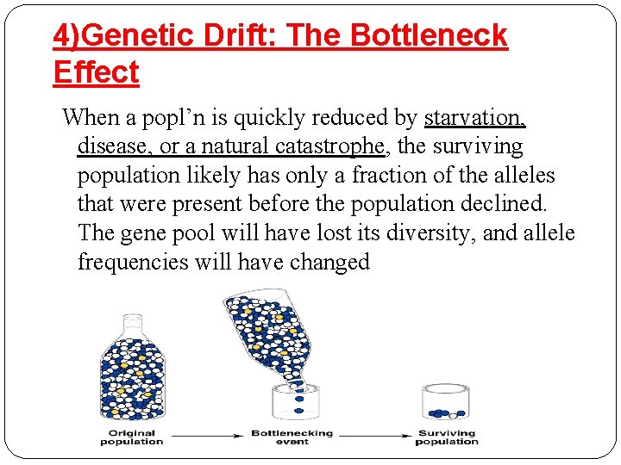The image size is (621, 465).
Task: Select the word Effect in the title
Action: coord(96,72)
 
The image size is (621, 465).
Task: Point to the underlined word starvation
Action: coord(474,117)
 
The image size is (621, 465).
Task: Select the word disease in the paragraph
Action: coord(113,146)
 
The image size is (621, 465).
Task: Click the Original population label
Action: coord(132,437)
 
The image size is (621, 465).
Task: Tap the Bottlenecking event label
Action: coord(292,437)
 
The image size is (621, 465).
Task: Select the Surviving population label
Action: coord(446,437)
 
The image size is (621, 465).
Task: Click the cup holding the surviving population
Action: coord(445,402)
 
